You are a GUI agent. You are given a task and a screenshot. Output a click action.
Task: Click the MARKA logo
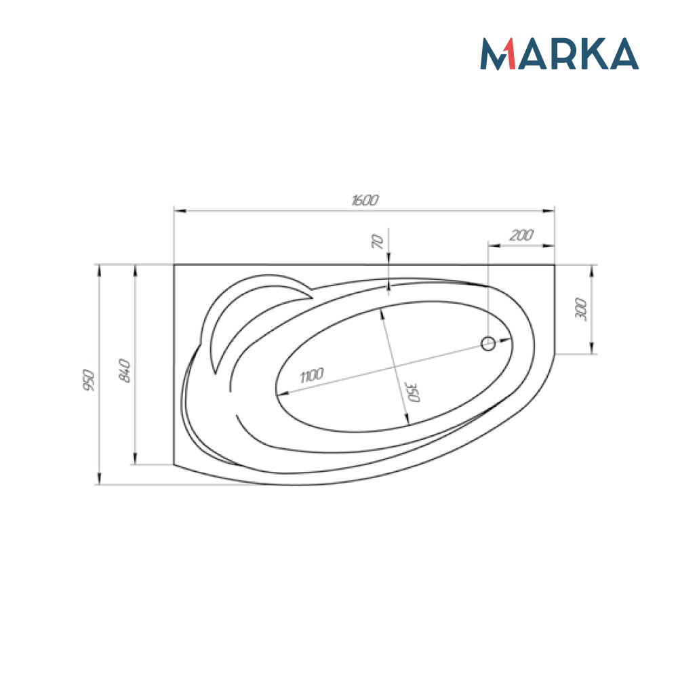click(x=559, y=54)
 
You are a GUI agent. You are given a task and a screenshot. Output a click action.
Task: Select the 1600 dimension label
click(x=365, y=200)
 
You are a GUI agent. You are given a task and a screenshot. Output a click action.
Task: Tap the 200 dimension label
click(x=521, y=235)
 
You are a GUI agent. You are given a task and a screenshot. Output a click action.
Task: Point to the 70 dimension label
click(x=378, y=241)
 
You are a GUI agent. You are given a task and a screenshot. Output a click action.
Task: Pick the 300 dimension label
click(x=581, y=308)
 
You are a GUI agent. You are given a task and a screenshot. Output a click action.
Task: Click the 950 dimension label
click(x=89, y=380)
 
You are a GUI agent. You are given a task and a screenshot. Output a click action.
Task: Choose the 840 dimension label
click(x=125, y=370)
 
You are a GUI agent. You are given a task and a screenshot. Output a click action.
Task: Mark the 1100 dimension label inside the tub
click(x=311, y=376)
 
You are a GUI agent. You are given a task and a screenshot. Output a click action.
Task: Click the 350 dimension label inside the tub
click(x=412, y=392)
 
